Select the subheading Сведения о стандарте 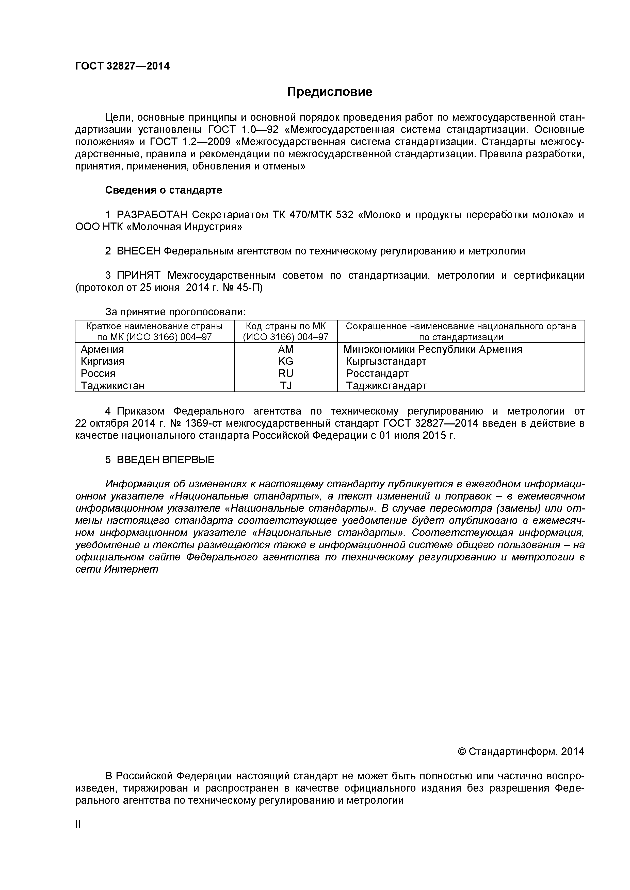tap(164, 190)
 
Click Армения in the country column tap(102, 350)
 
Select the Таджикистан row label tap(112, 386)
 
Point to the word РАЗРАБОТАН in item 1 tap(152, 215)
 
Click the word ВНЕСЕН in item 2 tap(138, 251)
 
